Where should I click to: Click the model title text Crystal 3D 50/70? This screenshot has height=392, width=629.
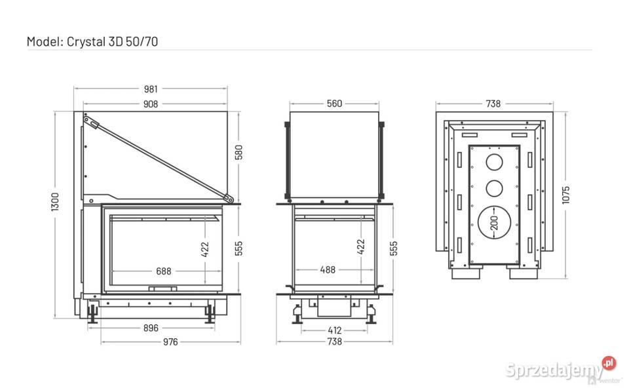coord(112,42)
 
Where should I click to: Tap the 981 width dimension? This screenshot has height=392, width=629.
coord(151,89)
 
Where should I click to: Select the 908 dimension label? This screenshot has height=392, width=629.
coord(151,104)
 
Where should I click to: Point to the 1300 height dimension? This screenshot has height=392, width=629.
coord(55,202)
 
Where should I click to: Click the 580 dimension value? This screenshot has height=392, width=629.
coord(239,153)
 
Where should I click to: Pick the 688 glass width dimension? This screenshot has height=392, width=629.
coord(164,271)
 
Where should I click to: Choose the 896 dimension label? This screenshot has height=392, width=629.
coord(151,328)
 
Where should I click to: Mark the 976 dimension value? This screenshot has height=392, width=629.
coord(170,342)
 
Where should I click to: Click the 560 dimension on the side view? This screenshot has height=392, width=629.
coord(334,104)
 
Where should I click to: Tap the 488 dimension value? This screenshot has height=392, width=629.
coord(328,270)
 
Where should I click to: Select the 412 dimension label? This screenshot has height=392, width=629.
coord(335,330)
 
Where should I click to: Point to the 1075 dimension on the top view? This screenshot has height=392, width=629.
coord(566,195)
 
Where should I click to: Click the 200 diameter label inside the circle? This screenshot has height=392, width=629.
coord(494,223)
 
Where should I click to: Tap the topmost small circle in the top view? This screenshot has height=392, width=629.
coord(494,162)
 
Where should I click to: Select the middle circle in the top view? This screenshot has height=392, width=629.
coord(494,188)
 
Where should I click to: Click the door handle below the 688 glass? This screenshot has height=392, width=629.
coord(162,288)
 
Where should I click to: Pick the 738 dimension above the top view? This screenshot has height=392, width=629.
coord(493,104)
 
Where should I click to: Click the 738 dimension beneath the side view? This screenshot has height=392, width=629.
coord(335,342)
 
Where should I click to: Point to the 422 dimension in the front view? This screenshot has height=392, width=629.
coord(205,249)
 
